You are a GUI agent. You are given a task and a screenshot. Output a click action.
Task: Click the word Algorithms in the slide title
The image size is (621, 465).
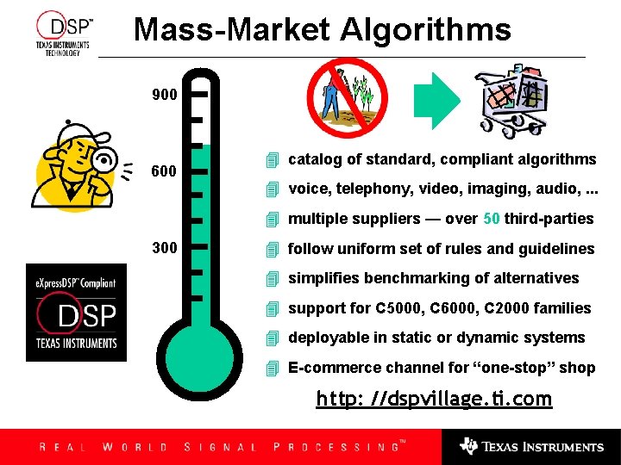pyautogui.click(x=425, y=30)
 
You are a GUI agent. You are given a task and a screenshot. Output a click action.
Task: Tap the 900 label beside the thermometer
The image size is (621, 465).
pyautogui.click(x=164, y=94)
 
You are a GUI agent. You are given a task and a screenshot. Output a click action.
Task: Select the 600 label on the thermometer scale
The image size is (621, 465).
pyautogui.click(x=164, y=171)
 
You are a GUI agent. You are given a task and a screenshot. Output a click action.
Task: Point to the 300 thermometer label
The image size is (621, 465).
pyautogui.click(x=164, y=248)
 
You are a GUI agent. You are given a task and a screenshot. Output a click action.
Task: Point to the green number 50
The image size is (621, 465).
pyautogui.click(x=492, y=219)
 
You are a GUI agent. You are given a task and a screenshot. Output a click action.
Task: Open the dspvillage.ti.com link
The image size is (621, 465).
pyautogui.click(x=434, y=399)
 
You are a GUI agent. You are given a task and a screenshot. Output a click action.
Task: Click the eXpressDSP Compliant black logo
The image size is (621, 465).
pyautogui.click(x=76, y=312)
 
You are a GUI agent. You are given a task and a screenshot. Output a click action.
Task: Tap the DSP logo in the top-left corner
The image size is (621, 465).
pyautogui.click(x=63, y=34)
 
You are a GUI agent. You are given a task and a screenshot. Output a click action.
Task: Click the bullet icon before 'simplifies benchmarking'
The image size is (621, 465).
pyautogui.click(x=273, y=278)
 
